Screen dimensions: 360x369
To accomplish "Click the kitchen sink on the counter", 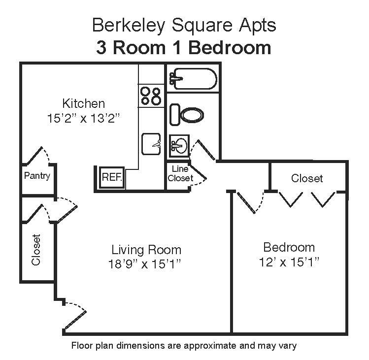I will (x=152, y=144).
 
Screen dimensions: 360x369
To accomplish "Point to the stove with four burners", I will (x=151, y=96).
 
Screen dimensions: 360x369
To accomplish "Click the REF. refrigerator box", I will (x=112, y=177).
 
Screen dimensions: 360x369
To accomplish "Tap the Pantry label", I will (x=37, y=176).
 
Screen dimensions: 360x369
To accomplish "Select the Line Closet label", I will (x=180, y=173).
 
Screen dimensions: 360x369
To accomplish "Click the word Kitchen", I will (x=83, y=103).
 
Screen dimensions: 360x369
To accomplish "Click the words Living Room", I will (x=146, y=249).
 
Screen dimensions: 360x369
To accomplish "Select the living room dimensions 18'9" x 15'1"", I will (x=146, y=264).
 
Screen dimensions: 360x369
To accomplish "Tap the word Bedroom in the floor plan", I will (x=289, y=247).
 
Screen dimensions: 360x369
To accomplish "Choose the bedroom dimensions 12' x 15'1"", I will (x=289, y=262).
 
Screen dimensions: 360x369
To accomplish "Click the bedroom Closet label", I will (x=307, y=178).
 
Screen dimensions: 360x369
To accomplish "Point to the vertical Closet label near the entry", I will (x=36, y=250).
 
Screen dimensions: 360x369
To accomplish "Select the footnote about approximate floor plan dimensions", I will (x=184, y=345).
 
